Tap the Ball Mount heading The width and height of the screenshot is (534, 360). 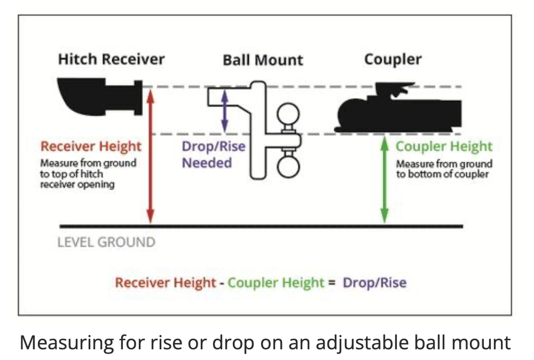tap(263, 60)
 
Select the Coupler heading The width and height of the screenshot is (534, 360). tap(392, 59)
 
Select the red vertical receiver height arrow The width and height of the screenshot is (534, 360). tap(151, 155)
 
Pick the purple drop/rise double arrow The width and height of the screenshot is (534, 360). tap(225, 110)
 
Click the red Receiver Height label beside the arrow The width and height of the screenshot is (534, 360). tap(91, 146)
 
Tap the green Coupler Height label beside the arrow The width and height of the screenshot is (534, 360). tap(444, 146)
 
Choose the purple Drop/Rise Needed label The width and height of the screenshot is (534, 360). tap(213, 154)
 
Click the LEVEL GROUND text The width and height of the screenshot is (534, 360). tap(106, 242)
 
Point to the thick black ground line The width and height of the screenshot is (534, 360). tap(262, 226)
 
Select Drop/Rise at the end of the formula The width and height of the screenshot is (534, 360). tap(374, 282)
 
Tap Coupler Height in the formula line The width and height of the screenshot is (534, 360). tap(276, 282)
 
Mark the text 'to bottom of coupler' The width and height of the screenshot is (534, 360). tap(442, 174)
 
